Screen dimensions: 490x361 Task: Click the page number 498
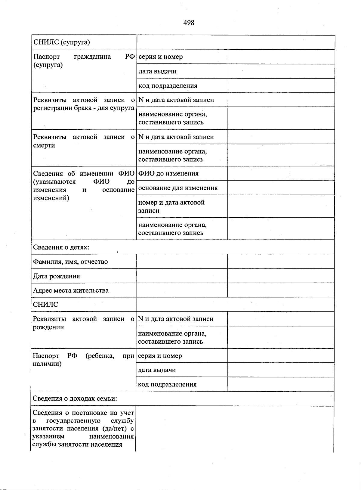(x=189, y=23)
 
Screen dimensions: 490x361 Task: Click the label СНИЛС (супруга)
(x=62, y=42)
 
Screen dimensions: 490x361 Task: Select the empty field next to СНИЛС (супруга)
(x=236, y=42)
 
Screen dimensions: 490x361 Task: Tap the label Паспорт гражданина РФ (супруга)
(x=84, y=61)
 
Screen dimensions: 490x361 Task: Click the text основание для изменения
(x=178, y=188)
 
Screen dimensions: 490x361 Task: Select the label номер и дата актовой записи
(x=171, y=206)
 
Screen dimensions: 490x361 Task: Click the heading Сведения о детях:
(x=61, y=247)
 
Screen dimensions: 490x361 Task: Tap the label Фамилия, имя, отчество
(x=70, y=262)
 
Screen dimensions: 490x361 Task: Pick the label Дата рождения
(x=56, y=276)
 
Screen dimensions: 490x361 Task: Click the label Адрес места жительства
(x=71, y=290)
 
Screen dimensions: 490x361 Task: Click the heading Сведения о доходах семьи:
(x=75, y=399)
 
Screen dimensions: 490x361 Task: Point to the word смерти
(x=44, y=145)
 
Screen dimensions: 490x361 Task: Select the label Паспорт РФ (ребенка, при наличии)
(x=83, y=360)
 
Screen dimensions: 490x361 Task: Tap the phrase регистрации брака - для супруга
(x=84, y=108)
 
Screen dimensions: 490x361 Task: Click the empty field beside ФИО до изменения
(x=281, y=173)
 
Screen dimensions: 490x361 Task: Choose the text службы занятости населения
(x=77, y=445)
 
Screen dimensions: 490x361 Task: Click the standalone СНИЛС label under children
(x=45, y=304)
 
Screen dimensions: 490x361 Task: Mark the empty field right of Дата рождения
(x=182, y=276)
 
